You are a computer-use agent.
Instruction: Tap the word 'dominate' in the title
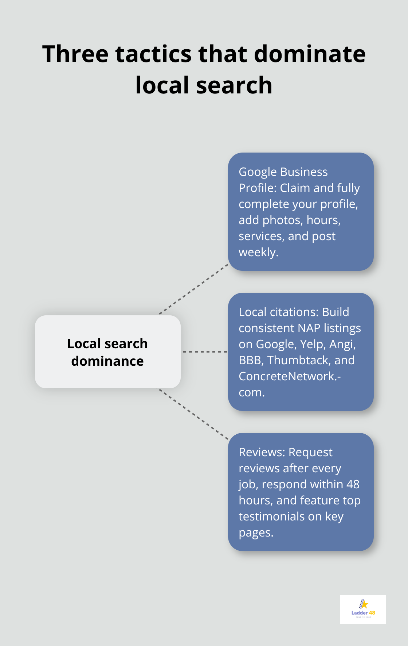coord(309,54)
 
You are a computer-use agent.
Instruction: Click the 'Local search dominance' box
coord(107,352)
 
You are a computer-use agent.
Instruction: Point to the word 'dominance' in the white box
coord(107,361)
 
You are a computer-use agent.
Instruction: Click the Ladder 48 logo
coord(363,609)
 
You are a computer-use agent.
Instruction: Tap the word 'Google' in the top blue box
coord(256,172)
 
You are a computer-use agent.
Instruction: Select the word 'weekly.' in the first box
coord(258,252)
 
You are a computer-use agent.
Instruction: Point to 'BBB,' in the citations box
coord(251,360)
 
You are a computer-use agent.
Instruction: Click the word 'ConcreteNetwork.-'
coord(290,376)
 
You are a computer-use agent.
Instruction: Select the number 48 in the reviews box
coord(353,484)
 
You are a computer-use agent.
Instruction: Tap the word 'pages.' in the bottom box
coord(256,532)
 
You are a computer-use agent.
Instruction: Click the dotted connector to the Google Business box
coord(194,289)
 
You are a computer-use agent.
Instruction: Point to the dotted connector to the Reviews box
coord(194,414)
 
